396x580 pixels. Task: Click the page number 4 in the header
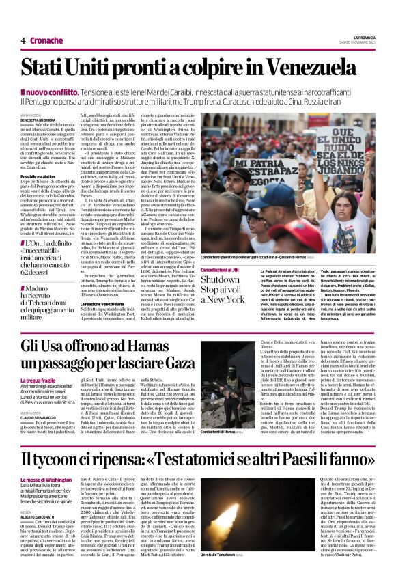(23, 40)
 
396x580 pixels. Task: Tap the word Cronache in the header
(46, 40)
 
